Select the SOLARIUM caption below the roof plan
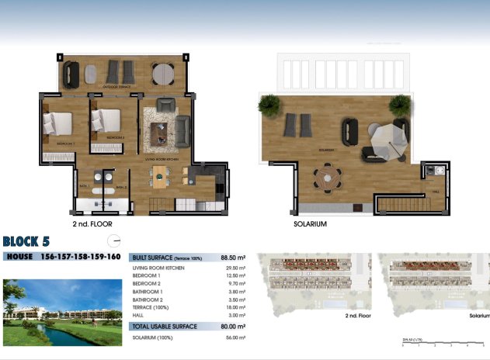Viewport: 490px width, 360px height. point(310,223)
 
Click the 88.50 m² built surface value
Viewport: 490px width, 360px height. point(233,256)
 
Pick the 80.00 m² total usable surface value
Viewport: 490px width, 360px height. point(233,327)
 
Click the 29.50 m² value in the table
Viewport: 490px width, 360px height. point(235,268)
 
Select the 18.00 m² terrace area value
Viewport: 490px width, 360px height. point(235,308)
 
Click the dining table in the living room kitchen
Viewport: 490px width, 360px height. point(160,177)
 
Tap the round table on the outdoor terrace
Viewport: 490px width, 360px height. point(163,74)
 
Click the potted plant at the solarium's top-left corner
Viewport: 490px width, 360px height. point(269,103)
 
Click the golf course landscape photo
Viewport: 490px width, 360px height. point(62,313)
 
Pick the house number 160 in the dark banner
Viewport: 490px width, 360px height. point(111,256)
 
